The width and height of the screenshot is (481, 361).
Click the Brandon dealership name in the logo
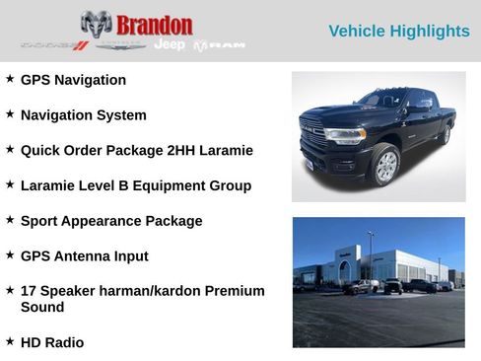pyautogui.click(x=154, y=24)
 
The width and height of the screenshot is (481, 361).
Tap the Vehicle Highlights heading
pyautogui.click(x=398, y=32)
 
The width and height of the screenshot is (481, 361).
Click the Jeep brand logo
pyautogui.click(x=170, y=44)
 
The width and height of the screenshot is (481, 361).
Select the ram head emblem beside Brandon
pyautogui.click(x=96, y=24)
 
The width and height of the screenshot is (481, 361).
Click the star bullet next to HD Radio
pyautogui.click(x=10, y=341)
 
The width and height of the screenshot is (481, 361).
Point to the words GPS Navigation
pyautogui.click(x=73, y=80)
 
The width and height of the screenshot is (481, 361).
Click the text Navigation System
pyautogui.click(x=83, y=115)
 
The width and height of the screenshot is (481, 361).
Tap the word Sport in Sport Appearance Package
pyautogui.click(x=40, y=221)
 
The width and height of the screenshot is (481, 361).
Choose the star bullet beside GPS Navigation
pyautogui.click(x=10, y=79)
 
